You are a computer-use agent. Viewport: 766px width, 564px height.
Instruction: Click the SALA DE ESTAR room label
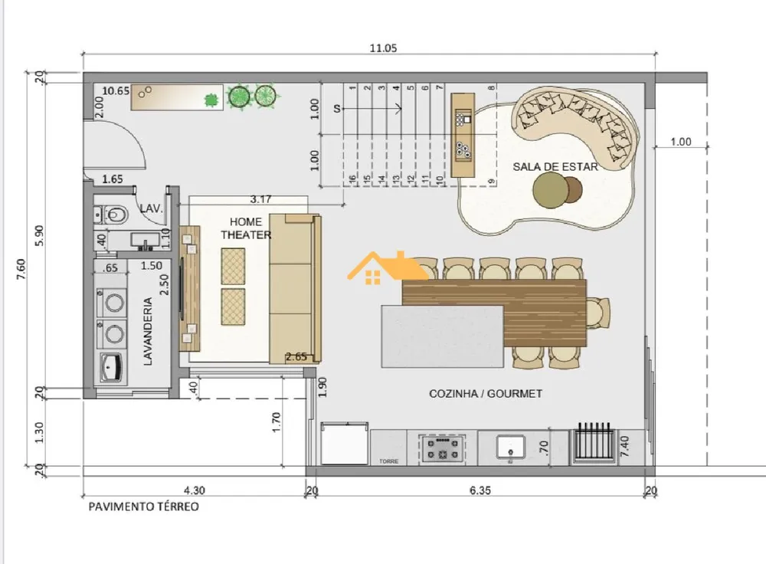click(555, 166)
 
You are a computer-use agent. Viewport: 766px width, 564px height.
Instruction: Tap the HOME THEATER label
click(246, 228)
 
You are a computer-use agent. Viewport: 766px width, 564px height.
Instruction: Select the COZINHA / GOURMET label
click(486, 393)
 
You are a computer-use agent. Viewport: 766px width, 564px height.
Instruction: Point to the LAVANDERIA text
click(148, 331)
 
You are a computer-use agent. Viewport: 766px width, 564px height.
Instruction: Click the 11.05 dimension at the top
click(384, 48)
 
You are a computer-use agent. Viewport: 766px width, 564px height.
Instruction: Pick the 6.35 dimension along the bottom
click(480, 490)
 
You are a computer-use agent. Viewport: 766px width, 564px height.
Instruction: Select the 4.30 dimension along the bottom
click(194, 490)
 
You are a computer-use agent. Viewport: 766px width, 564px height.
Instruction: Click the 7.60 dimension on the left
click(21, 269)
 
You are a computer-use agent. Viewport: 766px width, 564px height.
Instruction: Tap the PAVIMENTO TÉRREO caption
click(144, 507)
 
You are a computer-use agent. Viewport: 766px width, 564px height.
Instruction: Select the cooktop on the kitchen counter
click(443, 448)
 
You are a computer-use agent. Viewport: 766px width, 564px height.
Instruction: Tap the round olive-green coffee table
click(551, 189)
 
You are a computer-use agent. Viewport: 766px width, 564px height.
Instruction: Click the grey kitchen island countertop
click(442, 336)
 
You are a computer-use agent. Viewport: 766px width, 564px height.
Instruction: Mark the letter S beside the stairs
click(337, 109)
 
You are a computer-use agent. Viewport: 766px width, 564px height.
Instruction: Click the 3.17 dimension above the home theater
click(260, 199)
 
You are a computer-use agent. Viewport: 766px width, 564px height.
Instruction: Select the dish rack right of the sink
click(594, 442)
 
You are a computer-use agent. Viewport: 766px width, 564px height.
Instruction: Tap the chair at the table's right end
click(598, 313)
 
